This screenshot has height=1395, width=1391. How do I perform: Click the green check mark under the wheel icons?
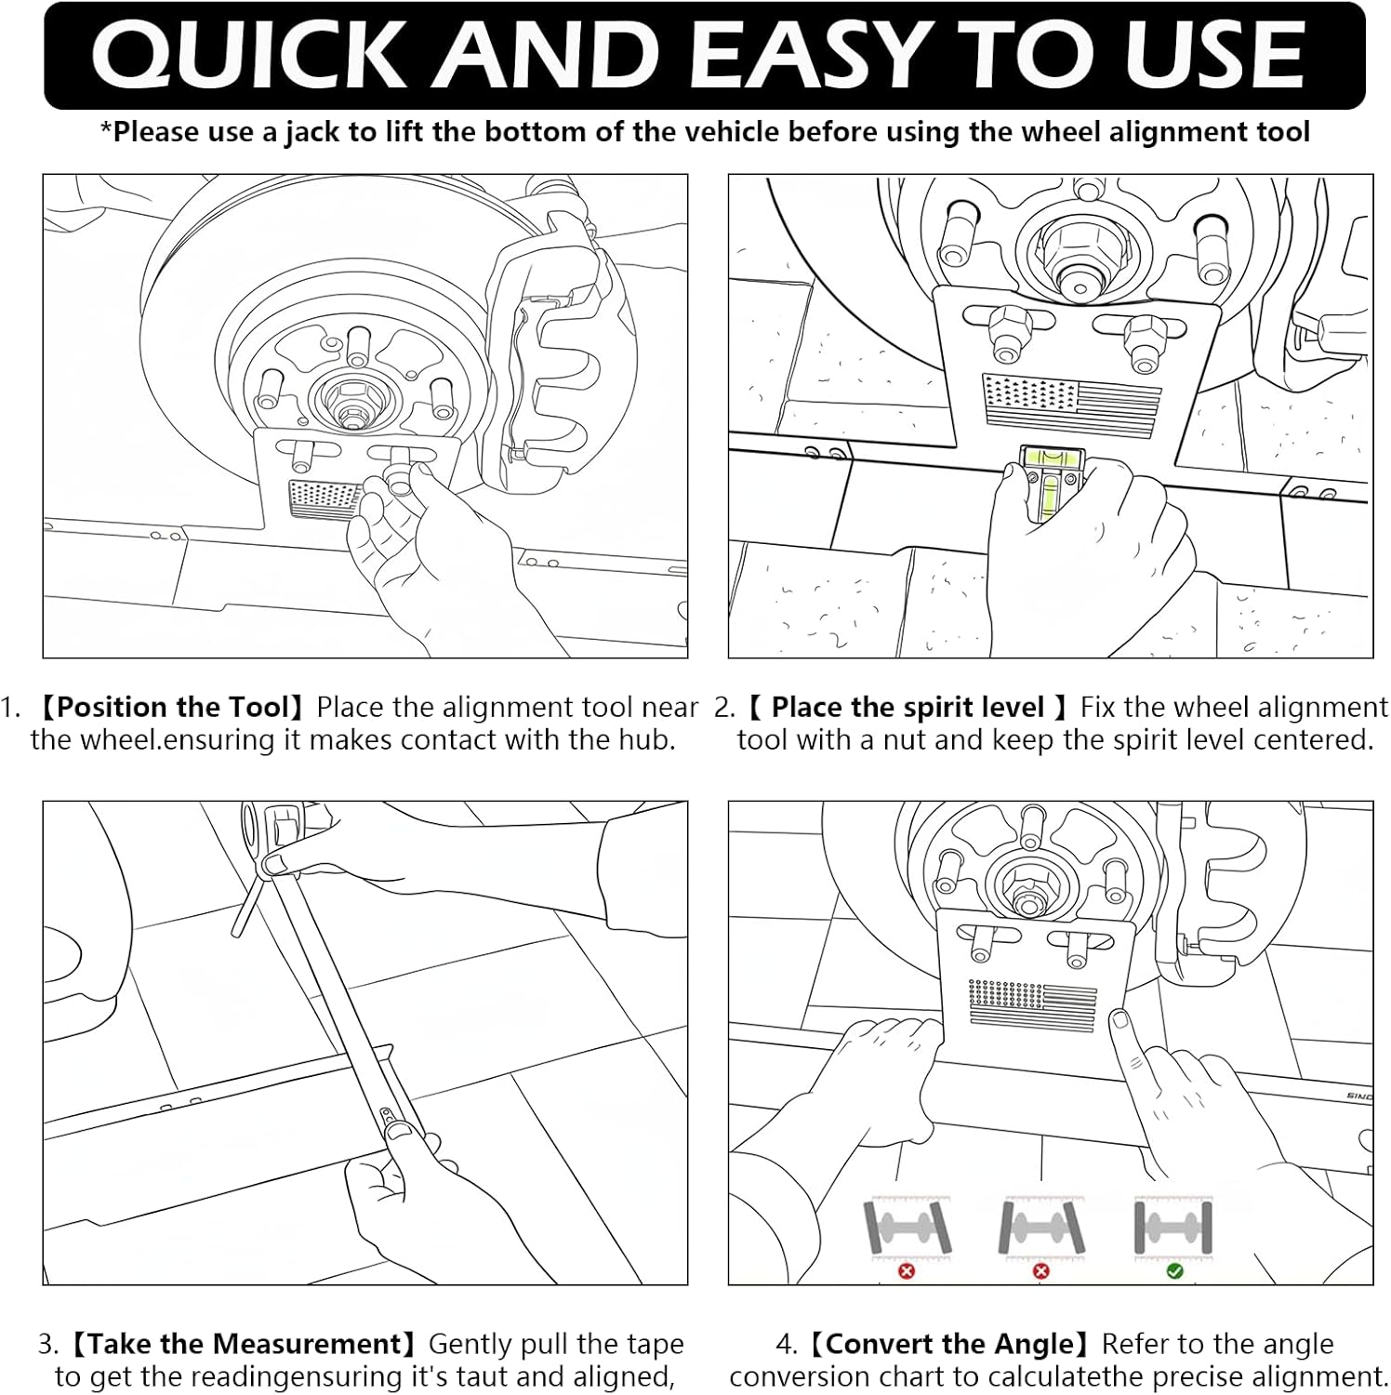coord(1173,1270)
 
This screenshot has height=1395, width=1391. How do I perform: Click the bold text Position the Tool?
coord(174,708)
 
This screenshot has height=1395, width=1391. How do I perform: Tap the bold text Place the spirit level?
coord(907,708)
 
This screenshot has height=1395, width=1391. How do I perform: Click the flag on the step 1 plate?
coord(324,499)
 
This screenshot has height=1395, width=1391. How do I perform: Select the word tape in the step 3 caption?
coord(656,1344)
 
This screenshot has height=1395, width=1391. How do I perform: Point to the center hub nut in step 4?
coord(1027,895)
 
